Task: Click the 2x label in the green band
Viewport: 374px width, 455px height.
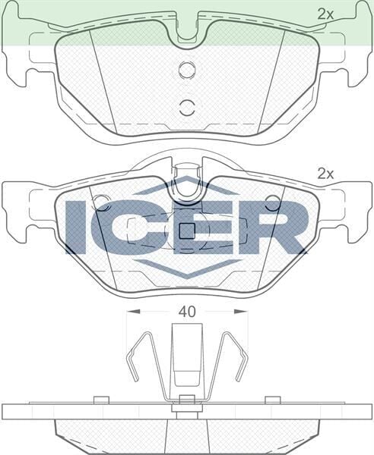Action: coord(325,14)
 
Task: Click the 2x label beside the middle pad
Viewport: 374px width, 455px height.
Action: coord(325,174)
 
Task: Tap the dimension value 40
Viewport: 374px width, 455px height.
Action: coord(187,311)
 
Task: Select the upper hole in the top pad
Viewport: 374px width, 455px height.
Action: coord(187,71)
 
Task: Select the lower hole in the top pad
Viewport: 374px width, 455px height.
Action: coord(187,105)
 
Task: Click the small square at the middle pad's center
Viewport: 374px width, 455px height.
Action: coord(187,232)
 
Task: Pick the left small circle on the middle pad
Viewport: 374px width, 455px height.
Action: coord(102,202)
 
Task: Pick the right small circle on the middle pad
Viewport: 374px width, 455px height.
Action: coord(272,202)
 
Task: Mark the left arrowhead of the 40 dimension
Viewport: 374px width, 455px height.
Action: coord(131,311)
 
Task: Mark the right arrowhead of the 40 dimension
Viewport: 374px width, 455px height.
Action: coord(243,311)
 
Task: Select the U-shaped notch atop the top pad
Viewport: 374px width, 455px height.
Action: coord(187,30)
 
